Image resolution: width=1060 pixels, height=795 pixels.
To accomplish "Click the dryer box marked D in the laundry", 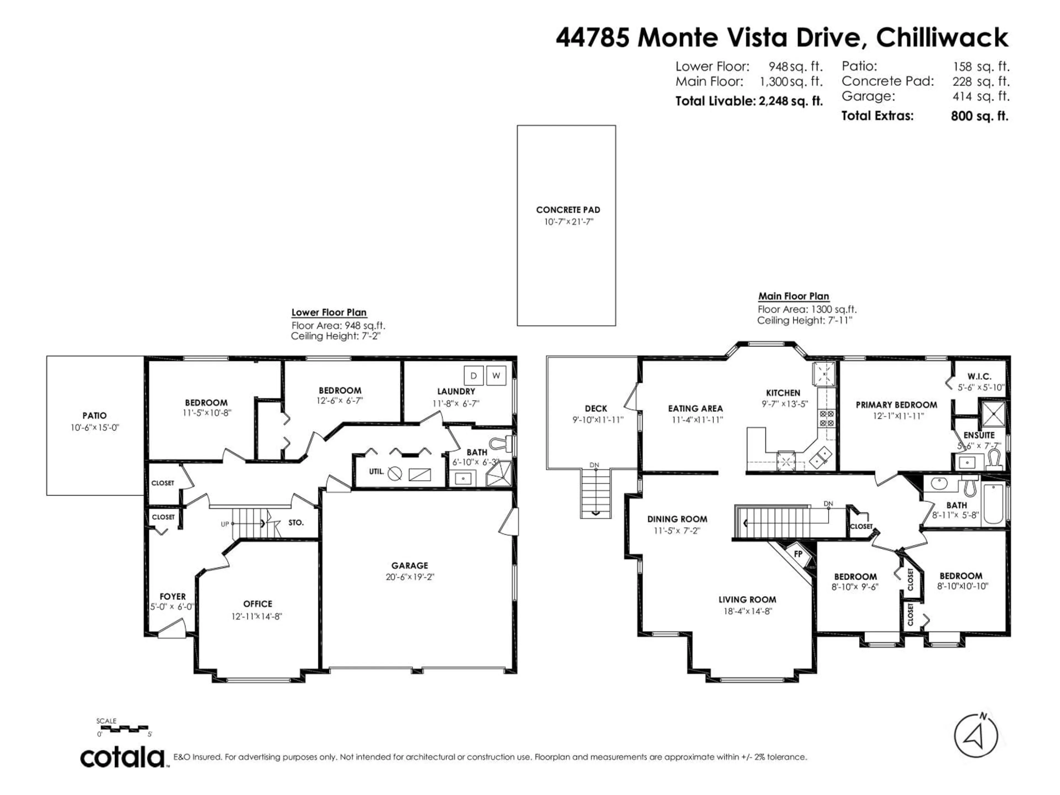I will click(x=473, y=376).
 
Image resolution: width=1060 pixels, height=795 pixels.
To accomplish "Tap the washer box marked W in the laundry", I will click(x=496, y=376).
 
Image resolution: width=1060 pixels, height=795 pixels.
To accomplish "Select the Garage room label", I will click(x=409, y=565).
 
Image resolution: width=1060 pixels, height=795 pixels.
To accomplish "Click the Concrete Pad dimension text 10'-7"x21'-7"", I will click(x=568, y=222).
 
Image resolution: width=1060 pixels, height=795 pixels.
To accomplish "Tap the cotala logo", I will click(x=123, y=758).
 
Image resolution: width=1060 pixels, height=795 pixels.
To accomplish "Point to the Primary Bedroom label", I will click(x=896, y=405).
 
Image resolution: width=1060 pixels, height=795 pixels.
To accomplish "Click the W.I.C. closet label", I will click(x=979, y=377).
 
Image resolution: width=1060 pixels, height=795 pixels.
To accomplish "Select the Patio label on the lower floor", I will click(x=94, y=415).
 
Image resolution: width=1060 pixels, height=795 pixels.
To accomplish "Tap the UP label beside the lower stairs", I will click(x=225, y=524).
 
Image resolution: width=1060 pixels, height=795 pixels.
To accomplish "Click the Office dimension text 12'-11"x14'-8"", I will click(x=257, y=617).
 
